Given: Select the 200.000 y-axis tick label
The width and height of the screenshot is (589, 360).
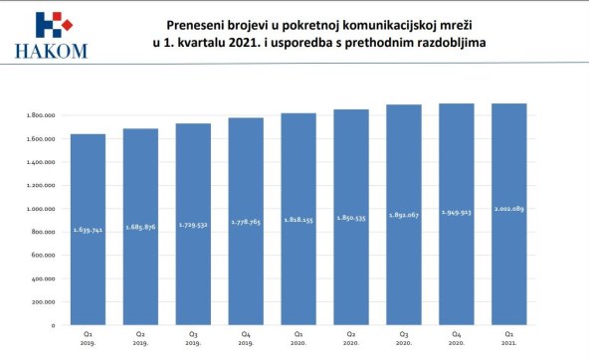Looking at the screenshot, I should tap(43, 301).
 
